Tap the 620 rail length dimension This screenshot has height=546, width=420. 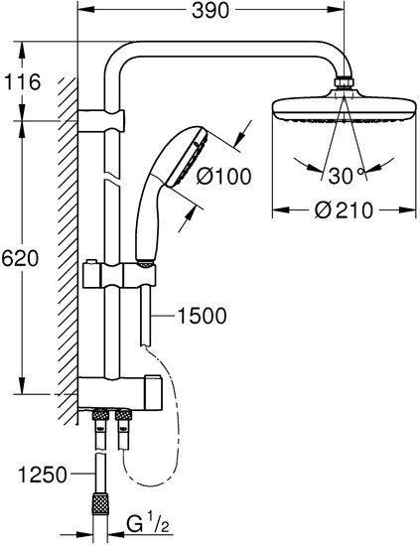click(21, 258)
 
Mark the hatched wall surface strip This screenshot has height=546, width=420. click(68, 248)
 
